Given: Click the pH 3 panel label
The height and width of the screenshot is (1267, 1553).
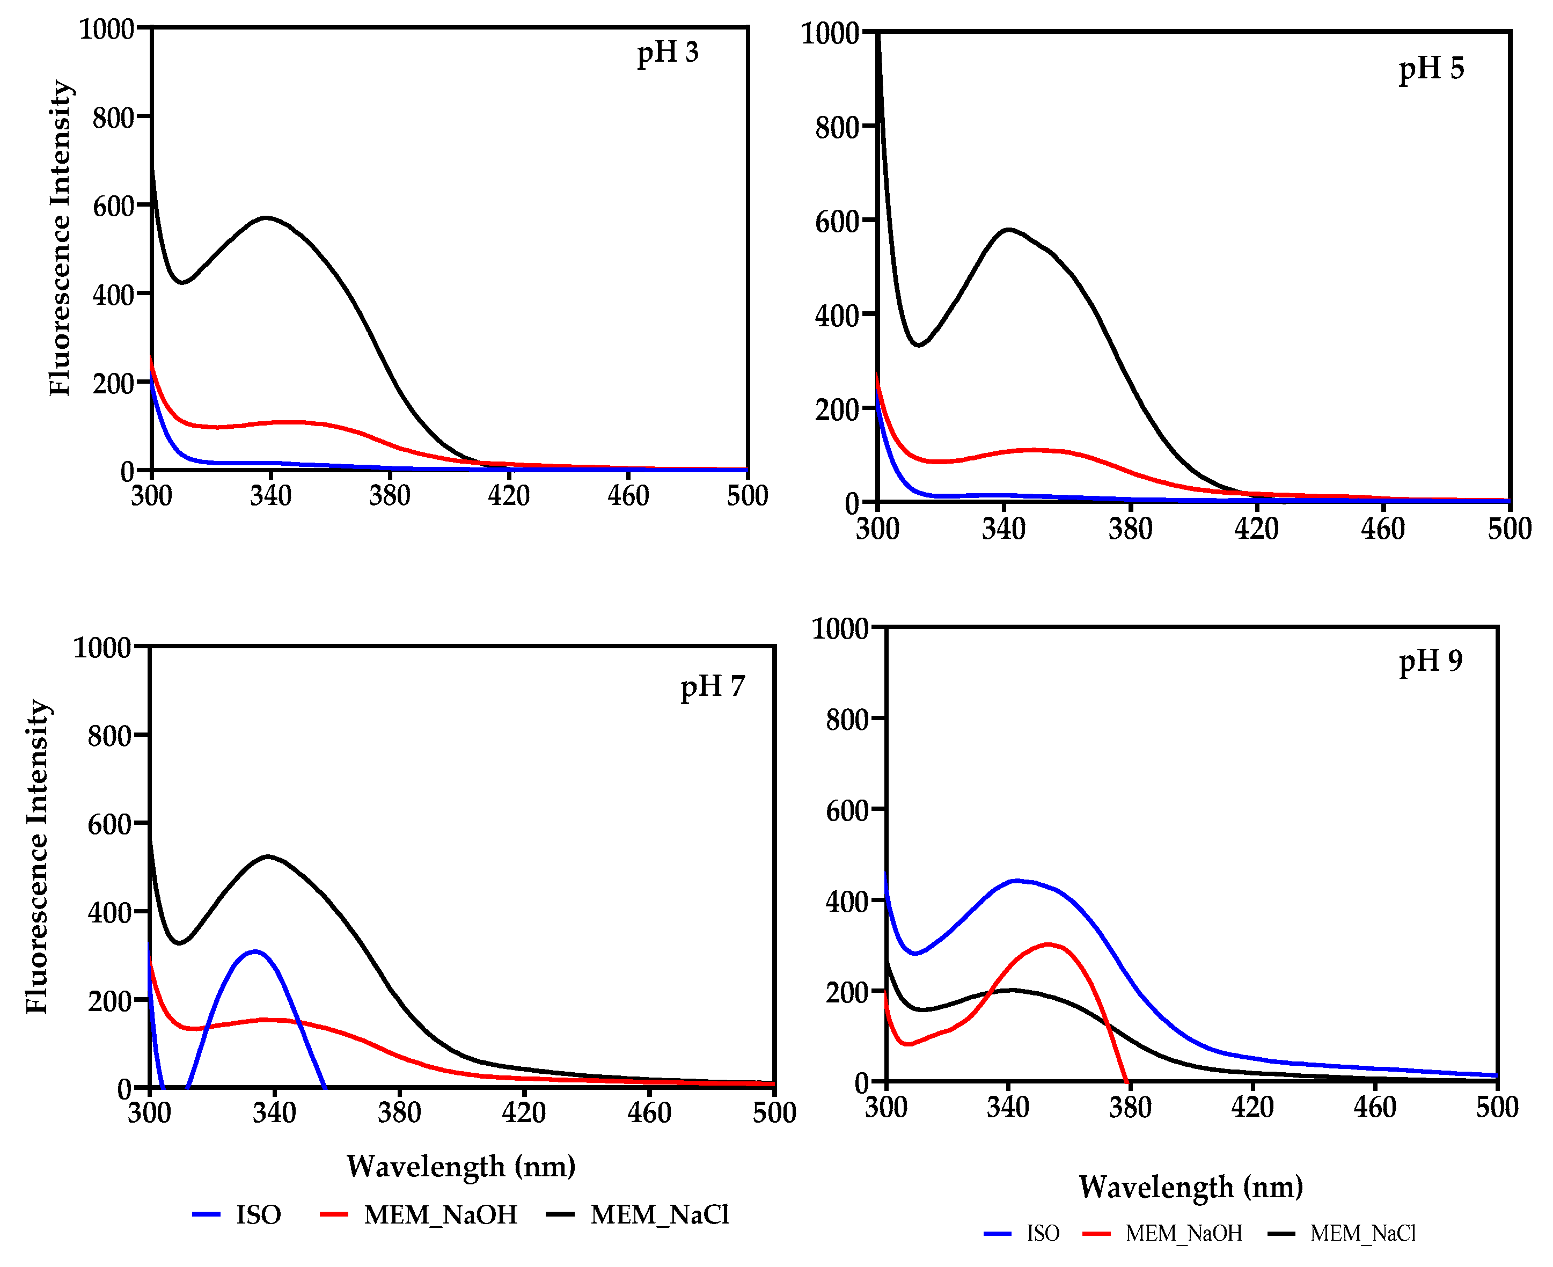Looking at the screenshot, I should pyautogui.click(x=667, y=53).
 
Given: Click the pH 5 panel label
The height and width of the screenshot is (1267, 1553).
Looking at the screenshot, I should pyautogui.click(x=1431, y=69).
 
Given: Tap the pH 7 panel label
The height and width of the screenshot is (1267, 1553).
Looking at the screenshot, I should pyautogui.click(x=712, y=687).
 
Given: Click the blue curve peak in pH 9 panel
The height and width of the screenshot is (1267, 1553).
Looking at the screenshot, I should pyautogui.click(x=1016, y=881).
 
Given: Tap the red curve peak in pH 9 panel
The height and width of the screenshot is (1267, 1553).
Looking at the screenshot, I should pyautogui.click(x=1049, y=945).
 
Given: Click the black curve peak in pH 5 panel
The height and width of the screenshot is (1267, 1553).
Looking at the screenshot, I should pyautogui.click(x=1008, y=230).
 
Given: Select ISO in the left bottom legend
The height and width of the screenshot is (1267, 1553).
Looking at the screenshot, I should pyautogui.click(x=258, y=1214).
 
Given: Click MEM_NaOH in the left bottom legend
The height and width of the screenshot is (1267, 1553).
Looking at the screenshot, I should pyautogui.click(x=440, y=1214).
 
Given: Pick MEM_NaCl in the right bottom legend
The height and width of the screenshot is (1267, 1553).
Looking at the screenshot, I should pyautogui.click(x=1362, y=1233).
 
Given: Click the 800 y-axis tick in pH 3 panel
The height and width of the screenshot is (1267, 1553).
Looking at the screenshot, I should pyautogui.click(x=113, y=118).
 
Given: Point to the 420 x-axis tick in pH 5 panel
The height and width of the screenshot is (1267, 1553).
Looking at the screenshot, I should pyautogui.click(x=1256, y=529).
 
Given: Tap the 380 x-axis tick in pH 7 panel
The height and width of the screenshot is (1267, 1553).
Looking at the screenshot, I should pyautogui.click(x=399, y=1113).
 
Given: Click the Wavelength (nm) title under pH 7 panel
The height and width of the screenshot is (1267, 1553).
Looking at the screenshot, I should pyautogui.click(x=460, y=1166).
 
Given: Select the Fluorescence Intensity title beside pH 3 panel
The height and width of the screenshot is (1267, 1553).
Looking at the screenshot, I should pyautogui.click(x=60, y=238).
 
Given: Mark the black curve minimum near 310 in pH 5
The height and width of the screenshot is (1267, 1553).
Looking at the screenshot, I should pyautogui.click(x=918, y=345).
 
